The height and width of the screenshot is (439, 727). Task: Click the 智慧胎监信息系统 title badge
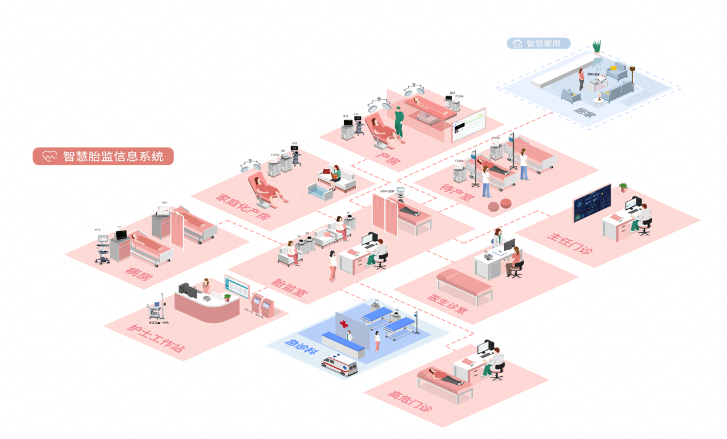click(103, 156)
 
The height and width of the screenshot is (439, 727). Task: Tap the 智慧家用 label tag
click(539, 43)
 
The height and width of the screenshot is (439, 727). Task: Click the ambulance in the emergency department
click(339, 365)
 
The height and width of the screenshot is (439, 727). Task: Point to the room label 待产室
click(457, 193)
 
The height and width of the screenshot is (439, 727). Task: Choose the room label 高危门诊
click(410, 400)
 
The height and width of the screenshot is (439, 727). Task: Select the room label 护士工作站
click(156, 338)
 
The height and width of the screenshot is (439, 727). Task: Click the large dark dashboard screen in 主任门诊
click(592, 203)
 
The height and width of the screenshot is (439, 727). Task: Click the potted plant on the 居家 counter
click(597, 47)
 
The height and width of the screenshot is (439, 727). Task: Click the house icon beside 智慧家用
click(518, 43)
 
